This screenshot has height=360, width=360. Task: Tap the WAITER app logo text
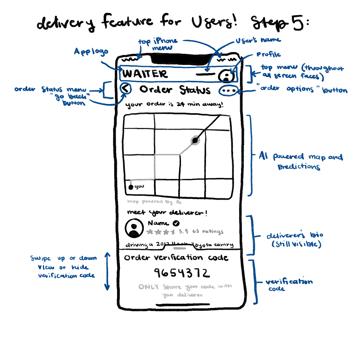(x=145, y=74)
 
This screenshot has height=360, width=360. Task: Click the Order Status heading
(x=175, y=90)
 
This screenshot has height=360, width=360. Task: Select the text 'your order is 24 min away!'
(x=175, y=105)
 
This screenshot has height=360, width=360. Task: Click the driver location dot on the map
(x=195, y=140)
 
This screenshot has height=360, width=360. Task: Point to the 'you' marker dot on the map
(x=131, y=187)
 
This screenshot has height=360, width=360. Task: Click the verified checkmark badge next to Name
(x=176, y=223)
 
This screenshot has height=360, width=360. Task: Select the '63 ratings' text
(x=208, y=232)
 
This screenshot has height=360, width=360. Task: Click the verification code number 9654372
(x=181, y=273)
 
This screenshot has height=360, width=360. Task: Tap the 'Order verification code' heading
(x=176, y=258)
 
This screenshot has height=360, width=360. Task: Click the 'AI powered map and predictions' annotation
(x=301, y=161)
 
